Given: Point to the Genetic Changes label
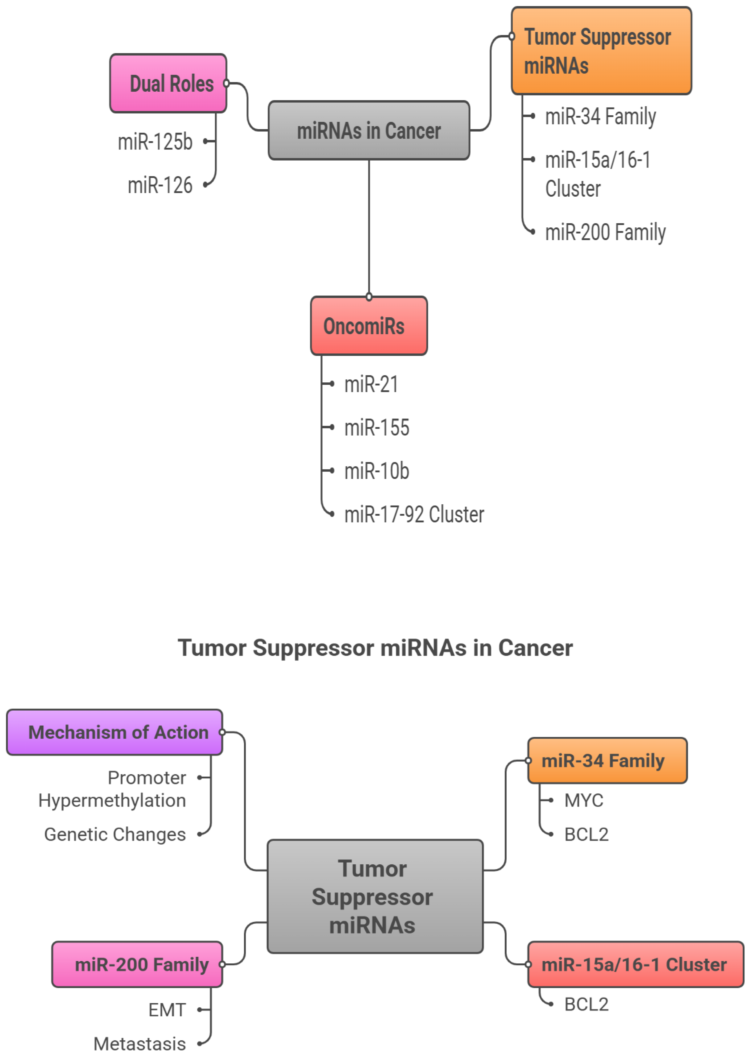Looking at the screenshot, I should click(x=115, y=835).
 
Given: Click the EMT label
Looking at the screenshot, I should click(x=167, y=1010).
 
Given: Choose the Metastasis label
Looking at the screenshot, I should click(x=140, y=1044).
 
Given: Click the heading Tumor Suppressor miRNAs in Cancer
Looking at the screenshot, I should click(x=375, y=648).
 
